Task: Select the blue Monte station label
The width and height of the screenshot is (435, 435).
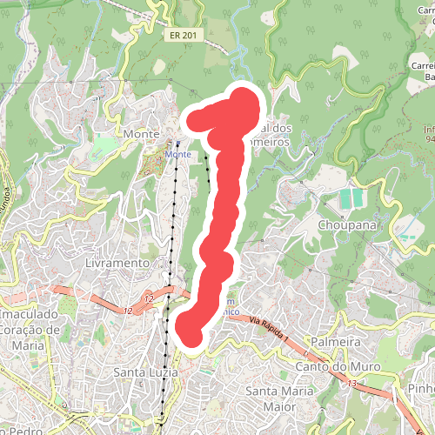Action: coord(177,154)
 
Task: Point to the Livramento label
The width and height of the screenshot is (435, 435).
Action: coord(118,262)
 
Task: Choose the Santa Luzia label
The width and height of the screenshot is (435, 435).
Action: coord(146,372)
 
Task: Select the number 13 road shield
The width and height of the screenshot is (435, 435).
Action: coord(352,383)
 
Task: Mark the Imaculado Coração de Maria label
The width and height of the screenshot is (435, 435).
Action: coord(30,321)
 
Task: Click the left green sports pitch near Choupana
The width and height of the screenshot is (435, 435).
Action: coord(346,199)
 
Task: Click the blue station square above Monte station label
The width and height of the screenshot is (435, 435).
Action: coord(177,144)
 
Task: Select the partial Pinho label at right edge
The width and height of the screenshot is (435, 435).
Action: coord(423,388)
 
